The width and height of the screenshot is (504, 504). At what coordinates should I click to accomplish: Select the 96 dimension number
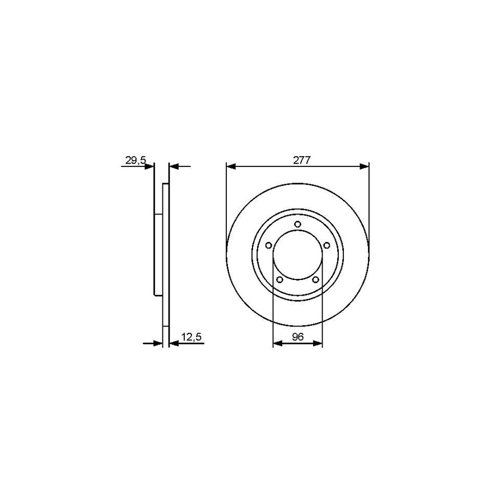(x=297, y=337)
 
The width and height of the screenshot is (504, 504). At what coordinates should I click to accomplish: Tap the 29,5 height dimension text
(x=135, y=160)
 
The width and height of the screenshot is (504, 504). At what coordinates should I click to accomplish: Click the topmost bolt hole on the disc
(x=297, y=225)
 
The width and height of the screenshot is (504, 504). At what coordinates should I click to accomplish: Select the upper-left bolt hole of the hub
(x=268, y=245)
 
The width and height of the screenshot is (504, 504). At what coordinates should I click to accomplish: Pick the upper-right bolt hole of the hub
(x=326, y=245)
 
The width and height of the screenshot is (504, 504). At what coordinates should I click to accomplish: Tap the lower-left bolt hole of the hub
(x=279, y=279)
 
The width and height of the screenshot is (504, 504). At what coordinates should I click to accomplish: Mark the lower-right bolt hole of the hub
(x=315, y=279)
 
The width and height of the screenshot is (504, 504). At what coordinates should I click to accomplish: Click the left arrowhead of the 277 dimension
(x=230, y=166)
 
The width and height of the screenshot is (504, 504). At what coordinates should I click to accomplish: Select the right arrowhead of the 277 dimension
(x=365, y=166)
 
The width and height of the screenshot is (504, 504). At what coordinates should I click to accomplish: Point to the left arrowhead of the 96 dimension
(x=276, y=343)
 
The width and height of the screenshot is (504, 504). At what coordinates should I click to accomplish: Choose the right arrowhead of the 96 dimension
(x=319, y=343)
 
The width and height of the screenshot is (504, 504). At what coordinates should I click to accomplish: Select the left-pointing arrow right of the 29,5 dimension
(x=173, y=166)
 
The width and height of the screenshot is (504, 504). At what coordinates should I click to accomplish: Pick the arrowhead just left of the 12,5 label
(x=173, y=343)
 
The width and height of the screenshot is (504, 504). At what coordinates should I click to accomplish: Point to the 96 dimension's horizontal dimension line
(x=297, y=343)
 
